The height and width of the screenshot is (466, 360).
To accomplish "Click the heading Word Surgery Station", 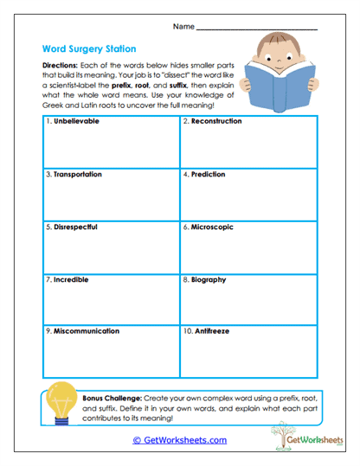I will coord(87,50).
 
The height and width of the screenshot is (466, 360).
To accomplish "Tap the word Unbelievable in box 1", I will coord(76,122).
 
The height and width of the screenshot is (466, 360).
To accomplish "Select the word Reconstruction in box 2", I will coord(215,122).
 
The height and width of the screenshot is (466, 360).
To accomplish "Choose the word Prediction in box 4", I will coord(208,175).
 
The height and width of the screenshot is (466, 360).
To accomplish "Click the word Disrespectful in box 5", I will coord(75,227).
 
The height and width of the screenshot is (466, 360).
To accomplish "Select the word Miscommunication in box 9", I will coord(87,331).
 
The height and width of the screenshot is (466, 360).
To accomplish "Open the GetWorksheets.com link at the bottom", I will coord(179,440).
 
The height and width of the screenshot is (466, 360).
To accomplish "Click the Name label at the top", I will coord(183,27).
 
